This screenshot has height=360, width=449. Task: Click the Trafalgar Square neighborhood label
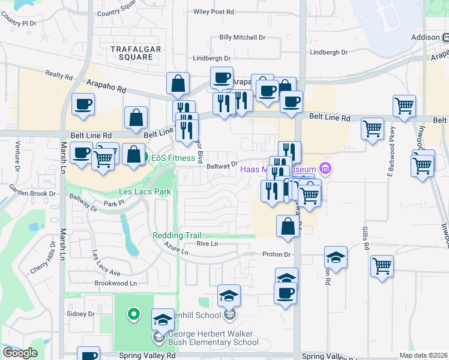[x=131, y=52]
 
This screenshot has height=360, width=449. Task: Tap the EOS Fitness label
[x=173, y=158]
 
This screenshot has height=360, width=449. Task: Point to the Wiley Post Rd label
[x=214, y=11]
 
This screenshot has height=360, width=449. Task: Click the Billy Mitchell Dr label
[x=242, y=37]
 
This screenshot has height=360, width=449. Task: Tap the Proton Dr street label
[x=276, y=254]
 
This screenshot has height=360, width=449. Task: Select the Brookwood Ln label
[x=116, y=283]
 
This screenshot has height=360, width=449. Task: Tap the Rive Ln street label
[x=206, y=244]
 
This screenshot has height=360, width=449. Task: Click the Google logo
[x=20, y=353]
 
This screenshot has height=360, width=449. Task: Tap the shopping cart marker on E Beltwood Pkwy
[x=373, y=128]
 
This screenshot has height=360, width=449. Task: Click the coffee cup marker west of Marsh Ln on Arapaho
[x=83, y=104]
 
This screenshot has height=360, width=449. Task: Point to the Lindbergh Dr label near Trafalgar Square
[x=212, y=58]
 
